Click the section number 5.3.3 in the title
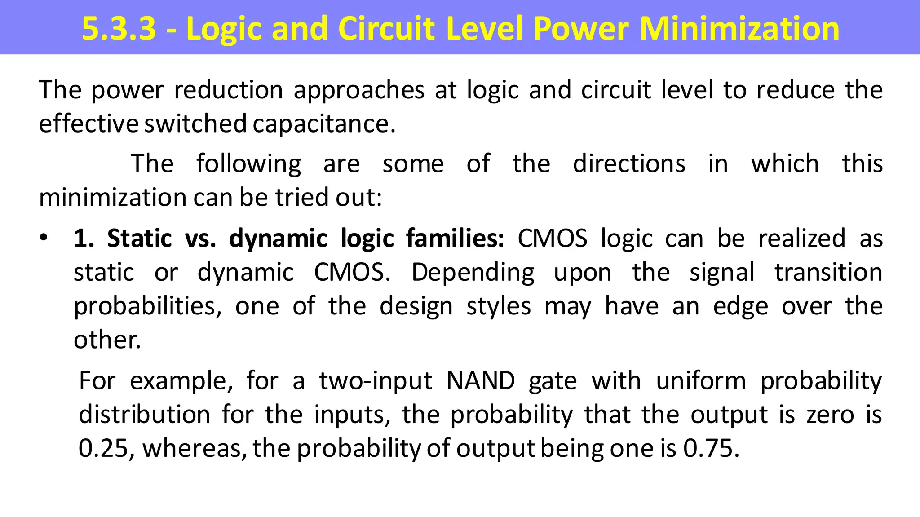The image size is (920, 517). coord(119,29)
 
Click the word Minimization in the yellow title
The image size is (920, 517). coord(739,29)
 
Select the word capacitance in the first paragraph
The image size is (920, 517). coord(324,124)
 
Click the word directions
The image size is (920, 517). coord(629,163)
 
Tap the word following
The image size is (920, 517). coord(248,164)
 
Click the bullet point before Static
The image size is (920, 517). coord(43,238)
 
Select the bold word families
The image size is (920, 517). coord(455,238)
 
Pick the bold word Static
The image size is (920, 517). coord(139,238)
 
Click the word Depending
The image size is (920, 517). coord(473,273)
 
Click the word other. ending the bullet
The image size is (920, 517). coord(107,340)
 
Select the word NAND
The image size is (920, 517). coord(480,381)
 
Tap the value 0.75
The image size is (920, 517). coord(711,448)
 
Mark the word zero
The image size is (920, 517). coord(830,415)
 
